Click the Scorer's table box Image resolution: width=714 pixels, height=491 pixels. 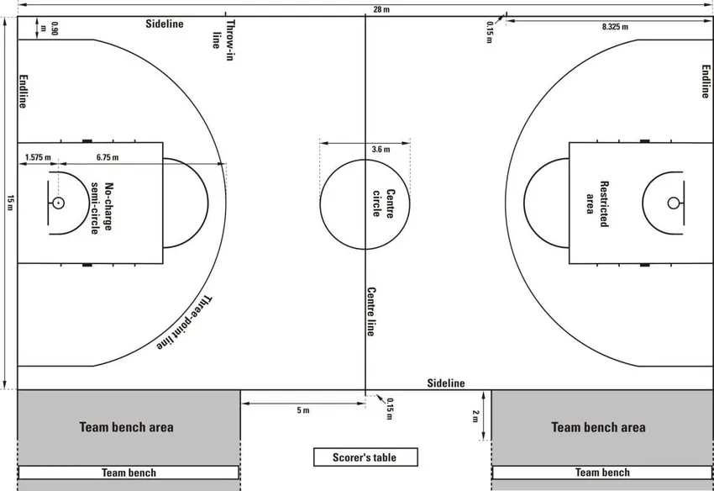[x=365, y=457]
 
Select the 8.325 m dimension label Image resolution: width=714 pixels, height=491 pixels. [x=615, y=27]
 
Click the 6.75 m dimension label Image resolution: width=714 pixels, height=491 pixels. [x=108, y=157]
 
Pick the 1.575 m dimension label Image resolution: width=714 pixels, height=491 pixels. [x=38, y=157]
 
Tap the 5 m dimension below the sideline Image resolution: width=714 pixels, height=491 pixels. [x=302, y=410]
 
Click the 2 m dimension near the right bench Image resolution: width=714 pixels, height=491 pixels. [x=475, y=415]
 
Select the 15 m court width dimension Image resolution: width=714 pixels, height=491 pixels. [x=10, y=203]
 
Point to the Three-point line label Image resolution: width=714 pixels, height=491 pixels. [x=186, y=322]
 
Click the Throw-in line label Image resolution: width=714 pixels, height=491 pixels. [x=223, y=35]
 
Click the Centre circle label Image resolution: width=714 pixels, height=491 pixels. [x=383, y=203]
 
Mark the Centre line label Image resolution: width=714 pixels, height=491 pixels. [x=370, y=311]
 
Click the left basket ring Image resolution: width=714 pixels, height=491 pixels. [x=58, y=203]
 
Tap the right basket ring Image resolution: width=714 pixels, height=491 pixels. [x=673, y=203]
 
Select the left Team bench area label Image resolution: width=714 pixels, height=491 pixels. [x=126, y=427]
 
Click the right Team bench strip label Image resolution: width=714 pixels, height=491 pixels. [x=601, y=473]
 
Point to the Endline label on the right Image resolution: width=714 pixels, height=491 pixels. [x=706, y=81]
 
